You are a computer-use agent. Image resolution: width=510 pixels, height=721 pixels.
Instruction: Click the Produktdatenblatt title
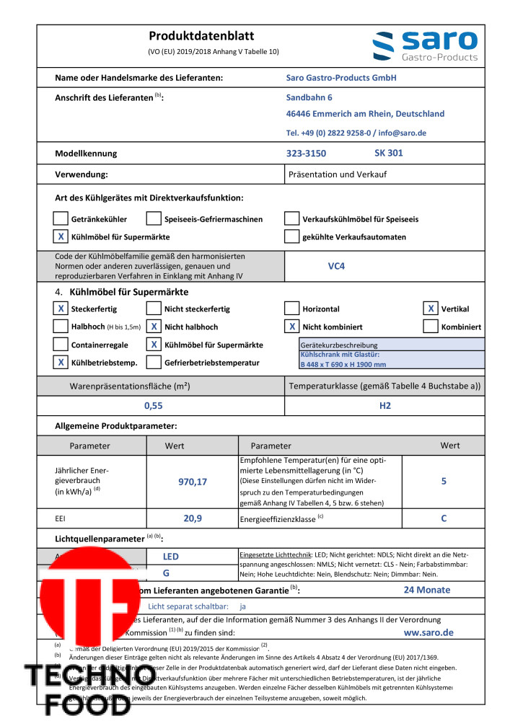pyautogui.click(x=201, y=36)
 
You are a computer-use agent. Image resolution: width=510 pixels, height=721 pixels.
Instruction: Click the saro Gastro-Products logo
pyautogui.click(x=425, y=45)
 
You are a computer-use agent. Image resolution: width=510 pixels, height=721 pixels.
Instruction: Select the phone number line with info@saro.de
pyautogui.click(x=356, y=133)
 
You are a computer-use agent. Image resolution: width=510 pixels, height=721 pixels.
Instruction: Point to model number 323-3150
pyautogui.click(x=306, y=153)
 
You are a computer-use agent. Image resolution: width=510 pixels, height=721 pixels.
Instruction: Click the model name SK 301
pyautogui.click(x=388, y=153)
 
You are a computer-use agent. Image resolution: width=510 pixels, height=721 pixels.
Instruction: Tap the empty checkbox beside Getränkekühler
pyautogui.click(x=61, y=219)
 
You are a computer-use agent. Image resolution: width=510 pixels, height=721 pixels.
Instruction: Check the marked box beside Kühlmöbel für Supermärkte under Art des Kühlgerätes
pyautogui.click(x=61, y=236)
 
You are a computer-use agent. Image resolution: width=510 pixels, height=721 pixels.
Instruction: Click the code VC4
pyautogui.click(x=336, y=265)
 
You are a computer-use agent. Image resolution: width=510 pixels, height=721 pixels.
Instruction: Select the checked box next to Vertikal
pyautogui.click(x=431, y=309)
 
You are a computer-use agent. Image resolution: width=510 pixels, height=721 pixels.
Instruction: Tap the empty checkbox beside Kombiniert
pyautogui.click(x=431, y=327)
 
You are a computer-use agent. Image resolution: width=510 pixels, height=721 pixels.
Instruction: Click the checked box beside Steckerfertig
pyautogui.click(x=61, y=309)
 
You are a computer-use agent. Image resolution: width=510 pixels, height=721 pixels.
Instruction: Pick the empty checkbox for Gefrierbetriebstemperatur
pyautogui.click(x=154, y=363)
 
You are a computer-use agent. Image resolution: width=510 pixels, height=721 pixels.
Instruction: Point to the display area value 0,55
pyautogui.click(x=154, y=406)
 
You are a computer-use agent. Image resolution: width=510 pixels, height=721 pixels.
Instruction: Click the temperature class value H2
pyautogui.click(x=384, y=406)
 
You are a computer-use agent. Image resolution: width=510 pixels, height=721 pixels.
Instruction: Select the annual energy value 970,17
pyautogui.click(x=192, y=481)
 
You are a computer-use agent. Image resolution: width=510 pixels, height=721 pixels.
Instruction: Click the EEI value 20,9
pyautogui.click(x=192, y=518)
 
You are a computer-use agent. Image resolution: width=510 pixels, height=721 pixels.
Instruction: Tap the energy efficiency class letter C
pyautogui.click(x=444, y=518)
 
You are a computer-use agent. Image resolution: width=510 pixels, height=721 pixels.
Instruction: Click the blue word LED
pyautogui.click(x=170, y=557)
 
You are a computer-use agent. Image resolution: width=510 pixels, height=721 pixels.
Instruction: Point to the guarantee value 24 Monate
pyautogui.click(x=428, y=590)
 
